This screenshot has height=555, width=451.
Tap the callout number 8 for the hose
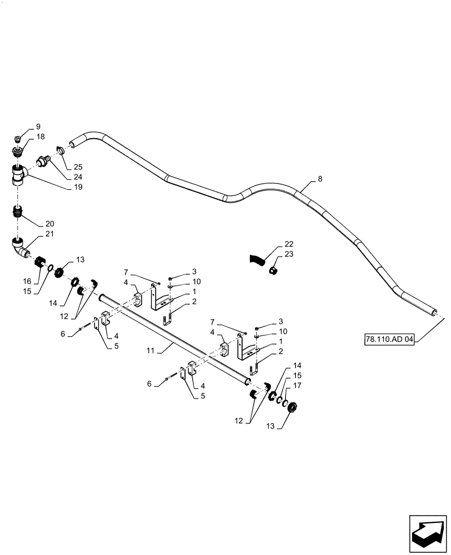pos(320,179)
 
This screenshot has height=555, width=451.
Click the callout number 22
pos(289,244)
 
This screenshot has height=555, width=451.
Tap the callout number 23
pos(289,255)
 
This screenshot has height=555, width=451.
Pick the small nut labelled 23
pos(273,271)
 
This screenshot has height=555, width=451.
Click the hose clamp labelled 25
pos(62,149)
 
